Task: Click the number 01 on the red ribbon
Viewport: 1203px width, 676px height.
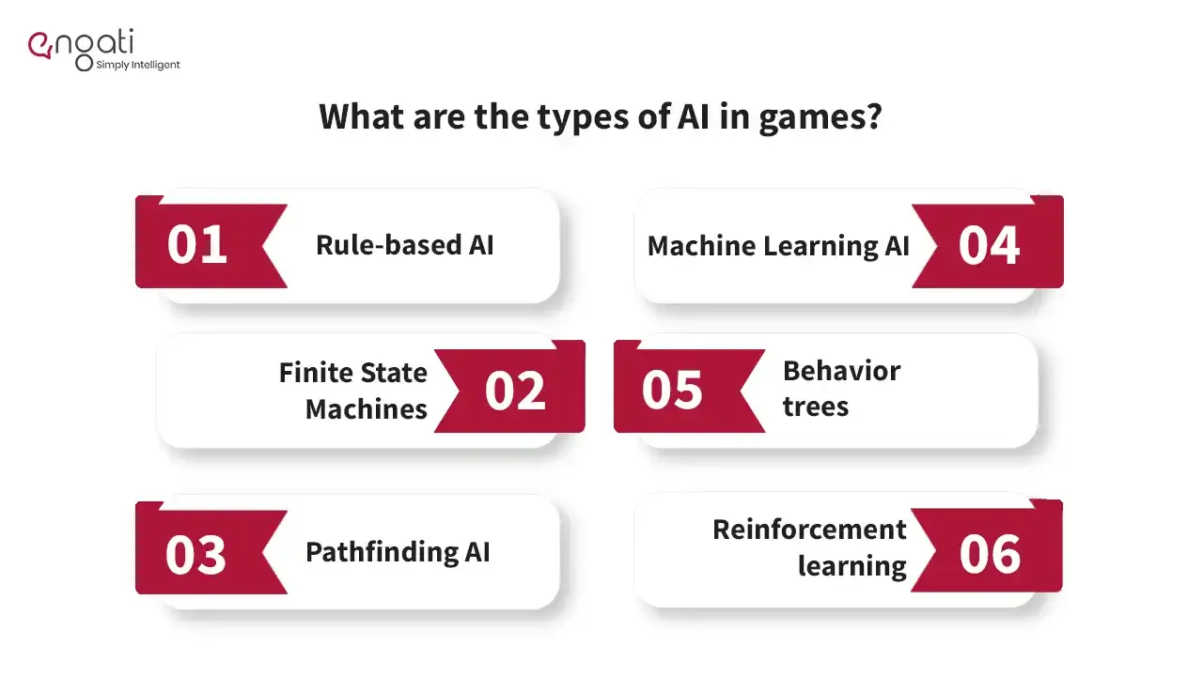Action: point(196,245)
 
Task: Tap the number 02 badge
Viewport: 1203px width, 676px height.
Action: point(515,391)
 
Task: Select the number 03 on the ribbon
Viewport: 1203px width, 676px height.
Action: point(195,555)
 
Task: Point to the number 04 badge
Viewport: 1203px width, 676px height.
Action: point(989,246)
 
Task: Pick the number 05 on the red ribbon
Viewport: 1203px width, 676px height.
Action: point(672,390)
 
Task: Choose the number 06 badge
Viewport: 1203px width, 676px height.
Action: point(990,554)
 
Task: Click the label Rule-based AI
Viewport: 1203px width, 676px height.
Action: point(404,245)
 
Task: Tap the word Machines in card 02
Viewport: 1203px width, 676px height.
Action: point(367,409)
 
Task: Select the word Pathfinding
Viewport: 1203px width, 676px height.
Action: point(382,552)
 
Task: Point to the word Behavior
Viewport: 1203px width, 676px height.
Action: point(841,371)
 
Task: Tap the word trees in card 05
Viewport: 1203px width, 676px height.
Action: point(815,407)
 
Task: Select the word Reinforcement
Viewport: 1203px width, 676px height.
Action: point(809,530)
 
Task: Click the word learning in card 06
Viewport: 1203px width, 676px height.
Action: point(852,567)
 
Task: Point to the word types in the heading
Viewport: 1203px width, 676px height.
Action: point(583,118)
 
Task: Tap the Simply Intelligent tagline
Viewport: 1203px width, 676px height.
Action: point(138,66)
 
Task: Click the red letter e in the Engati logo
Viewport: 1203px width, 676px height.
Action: point(39,46)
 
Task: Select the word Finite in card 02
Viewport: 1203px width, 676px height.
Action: point(309,373)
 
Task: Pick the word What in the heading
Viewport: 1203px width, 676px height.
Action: point(361,116)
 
